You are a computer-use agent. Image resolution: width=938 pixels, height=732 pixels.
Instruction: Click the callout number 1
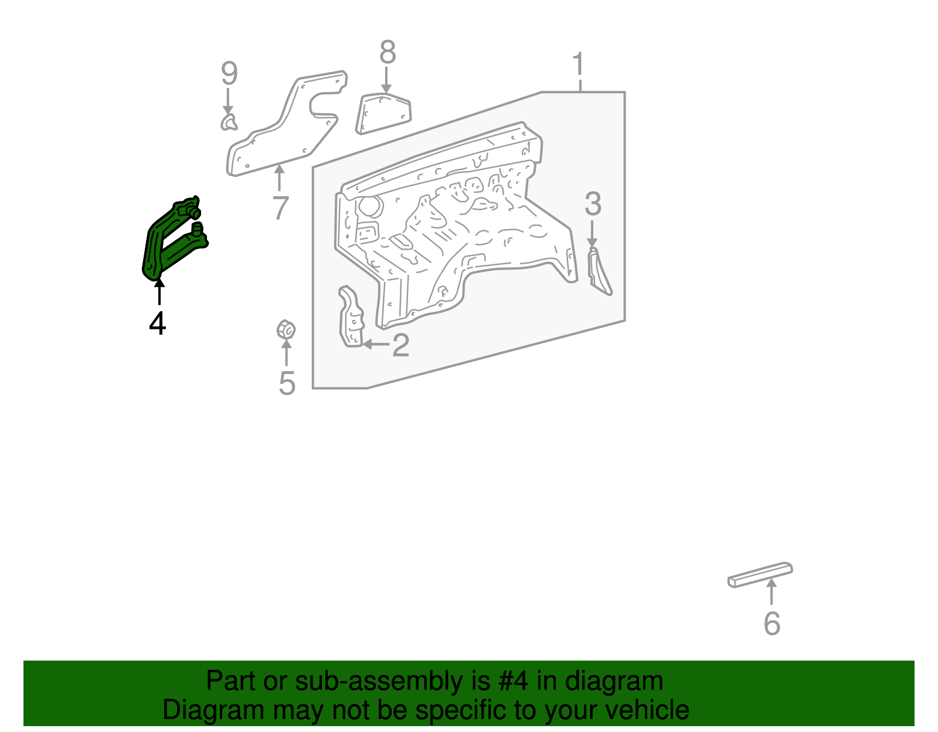(579, 64)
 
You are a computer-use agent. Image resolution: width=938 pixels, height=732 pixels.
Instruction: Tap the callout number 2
(400, 345)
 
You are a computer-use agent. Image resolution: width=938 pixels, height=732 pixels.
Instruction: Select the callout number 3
(593, 204)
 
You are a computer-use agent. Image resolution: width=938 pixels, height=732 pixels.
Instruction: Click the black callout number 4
(158, 323)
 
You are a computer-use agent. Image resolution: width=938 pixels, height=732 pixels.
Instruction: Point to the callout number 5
(287, 383)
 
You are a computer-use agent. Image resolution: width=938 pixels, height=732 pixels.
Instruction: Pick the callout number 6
(772, 624)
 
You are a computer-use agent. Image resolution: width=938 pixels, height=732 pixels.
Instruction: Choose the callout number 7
(281, 207)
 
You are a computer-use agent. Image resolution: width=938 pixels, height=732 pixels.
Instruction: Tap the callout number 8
(387, 52)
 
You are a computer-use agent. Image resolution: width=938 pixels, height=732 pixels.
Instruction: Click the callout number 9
(229, 73)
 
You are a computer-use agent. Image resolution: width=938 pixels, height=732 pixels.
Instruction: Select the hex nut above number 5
(286, 330)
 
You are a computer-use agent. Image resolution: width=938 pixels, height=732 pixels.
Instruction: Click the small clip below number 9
(229, 122)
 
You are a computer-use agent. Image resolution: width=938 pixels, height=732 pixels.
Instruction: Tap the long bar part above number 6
(760, 574)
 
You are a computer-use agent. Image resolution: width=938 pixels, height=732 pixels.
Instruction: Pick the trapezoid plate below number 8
(383, 114)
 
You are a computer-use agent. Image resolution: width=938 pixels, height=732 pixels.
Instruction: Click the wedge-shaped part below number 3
(599, 272)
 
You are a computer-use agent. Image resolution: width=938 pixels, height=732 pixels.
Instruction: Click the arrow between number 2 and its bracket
(376, 344)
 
